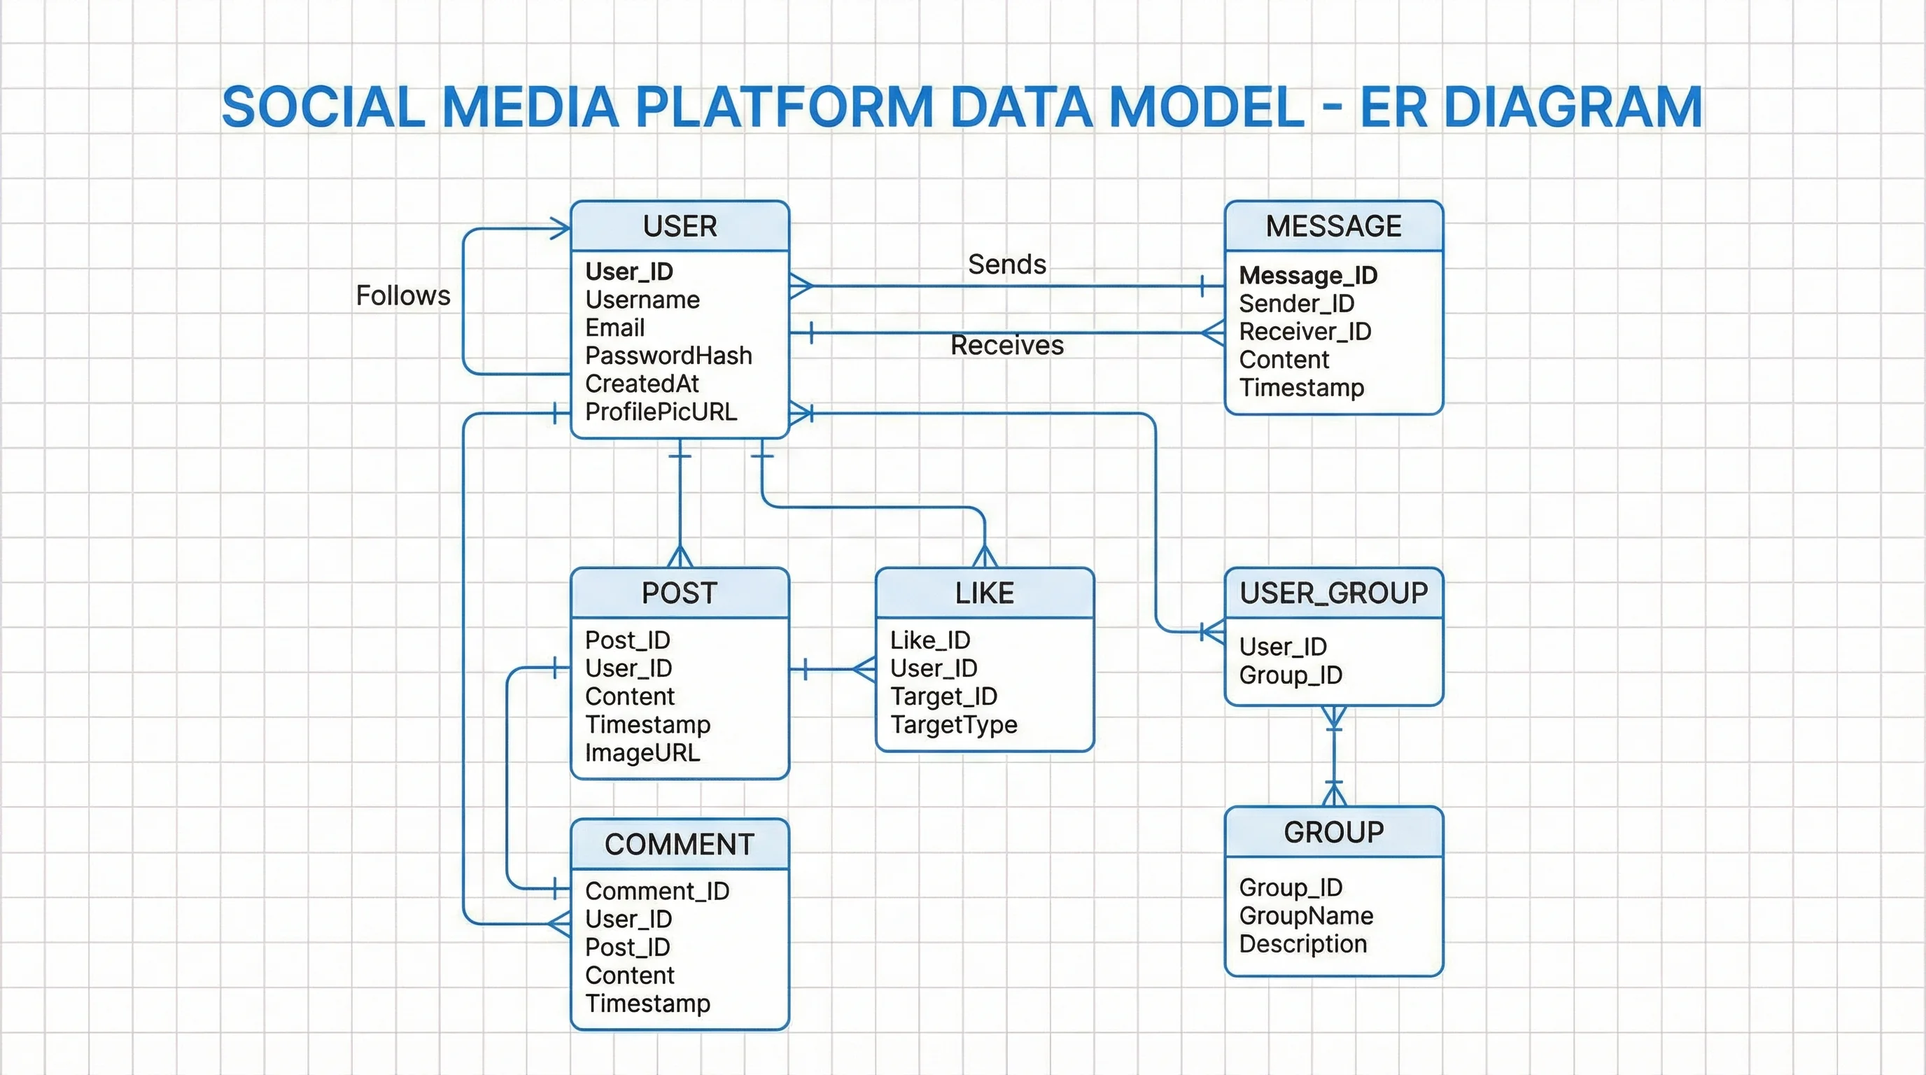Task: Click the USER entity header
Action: point(680,226)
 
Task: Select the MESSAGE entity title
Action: point(1333,226)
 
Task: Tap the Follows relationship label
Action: point(403,295)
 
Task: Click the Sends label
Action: point(1006,264)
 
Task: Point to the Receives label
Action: point(1006,345)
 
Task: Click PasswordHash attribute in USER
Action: point(668,356)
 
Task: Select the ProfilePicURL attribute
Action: point(661,412)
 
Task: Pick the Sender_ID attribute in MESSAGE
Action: point(1296,304)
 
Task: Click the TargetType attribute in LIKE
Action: point(953,724)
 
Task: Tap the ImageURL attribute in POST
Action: point(642,753)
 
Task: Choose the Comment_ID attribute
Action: point(657,891)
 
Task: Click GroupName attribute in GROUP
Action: point(1305,915)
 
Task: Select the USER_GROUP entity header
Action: point(1333,593)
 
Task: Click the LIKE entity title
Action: point(984,593)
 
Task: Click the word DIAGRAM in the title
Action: point(1572,108)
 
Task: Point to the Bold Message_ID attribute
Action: point(1307,275)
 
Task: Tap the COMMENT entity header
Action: point(679,844)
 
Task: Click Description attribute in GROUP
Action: point(1302,944)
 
